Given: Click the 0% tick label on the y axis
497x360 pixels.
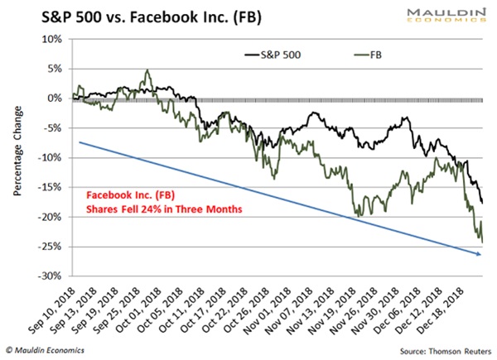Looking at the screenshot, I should click(56, 98).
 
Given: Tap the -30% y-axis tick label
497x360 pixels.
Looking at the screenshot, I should click(53, 276).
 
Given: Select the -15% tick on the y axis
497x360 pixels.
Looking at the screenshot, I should click(53, 187).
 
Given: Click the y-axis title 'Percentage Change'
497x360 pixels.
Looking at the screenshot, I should click(17, 158).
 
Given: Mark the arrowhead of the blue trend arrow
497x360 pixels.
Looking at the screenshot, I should click(480, 254).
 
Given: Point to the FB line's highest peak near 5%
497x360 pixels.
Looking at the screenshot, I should click(147, 71).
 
